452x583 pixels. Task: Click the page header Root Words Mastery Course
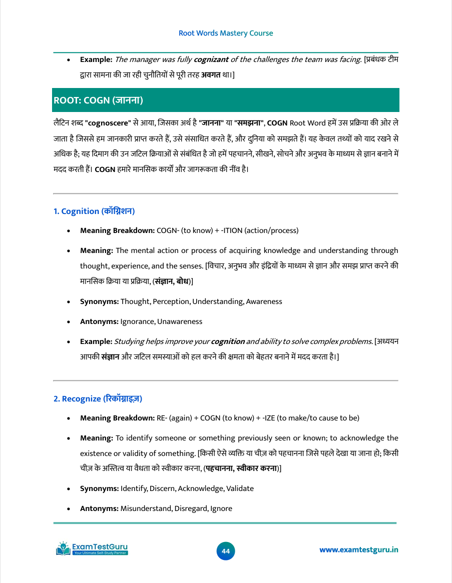[x=226, y=33]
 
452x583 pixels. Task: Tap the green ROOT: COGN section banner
[x=226, y=100]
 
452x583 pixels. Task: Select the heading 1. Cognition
[x=94, y=211]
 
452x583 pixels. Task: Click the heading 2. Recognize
[x=98, y=398]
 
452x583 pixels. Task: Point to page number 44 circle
[x=226, y=551]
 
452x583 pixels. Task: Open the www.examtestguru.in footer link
[x=359, y=550]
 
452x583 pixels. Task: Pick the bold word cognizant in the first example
[x=211, y=59]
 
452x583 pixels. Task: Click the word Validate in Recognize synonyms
[x=240, y=488]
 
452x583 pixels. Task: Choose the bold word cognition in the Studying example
[x=228, y=341]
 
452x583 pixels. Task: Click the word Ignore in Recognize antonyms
[x=221, y=508]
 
